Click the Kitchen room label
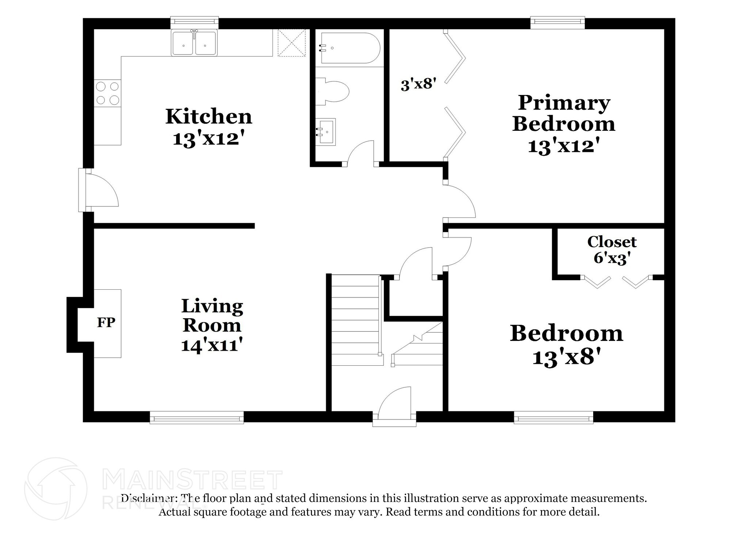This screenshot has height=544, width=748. tap(209, 117)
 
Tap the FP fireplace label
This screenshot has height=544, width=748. tap(106, 322)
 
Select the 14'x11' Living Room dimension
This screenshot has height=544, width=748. tap(212, 345)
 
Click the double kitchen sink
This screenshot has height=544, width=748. tap(195, 43)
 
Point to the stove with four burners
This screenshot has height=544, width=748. tap(107, 93)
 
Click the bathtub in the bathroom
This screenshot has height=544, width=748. tap(350, 48)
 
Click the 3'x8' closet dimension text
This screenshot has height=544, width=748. tap(418, 84)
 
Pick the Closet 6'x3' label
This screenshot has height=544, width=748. tap(611, 250)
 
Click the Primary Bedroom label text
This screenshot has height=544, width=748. tap(564, 113)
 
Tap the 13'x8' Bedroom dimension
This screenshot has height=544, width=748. tap(566, 357)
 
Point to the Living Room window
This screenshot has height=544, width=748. tap(196, 417)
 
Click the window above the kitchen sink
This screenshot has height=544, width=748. tap(195, 22)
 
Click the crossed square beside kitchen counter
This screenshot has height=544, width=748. tap(291, 43)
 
